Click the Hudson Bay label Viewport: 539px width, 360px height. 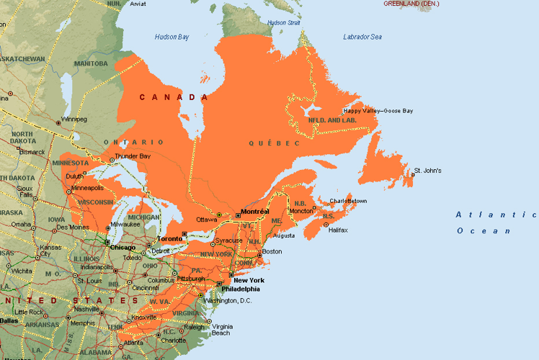pyautogui.click(x=173, y=37)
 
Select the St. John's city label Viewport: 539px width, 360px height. pyautogui.click(x=426, y=171)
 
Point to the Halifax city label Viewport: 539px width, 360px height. pyautogui.click(x=337, y=230)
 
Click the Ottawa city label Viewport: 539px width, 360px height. pyautogui.click(x=206, y=219)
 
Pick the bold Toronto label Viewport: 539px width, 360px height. pyautogui.click(x=170, y=238)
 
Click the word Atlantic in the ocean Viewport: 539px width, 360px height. pyautogui.click(x=481, y=215)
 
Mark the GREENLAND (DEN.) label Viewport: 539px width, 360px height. pyautogui.click(x=410, y=4)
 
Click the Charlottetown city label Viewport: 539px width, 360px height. pyautogui.click(x=348, y=201)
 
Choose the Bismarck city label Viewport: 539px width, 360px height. pyautogui.click(x=31, y=152)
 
